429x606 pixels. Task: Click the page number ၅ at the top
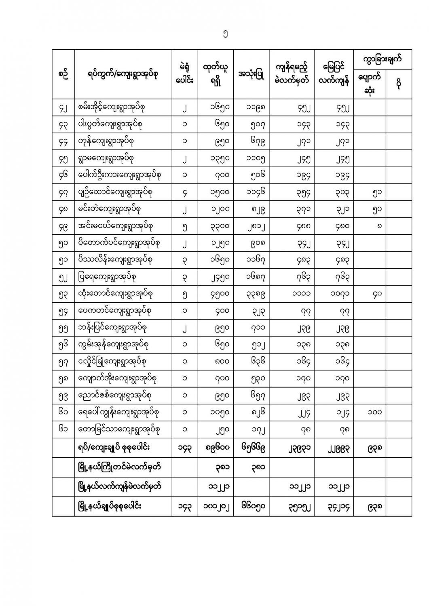click(225, 34)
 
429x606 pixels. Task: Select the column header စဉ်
click(63, 74)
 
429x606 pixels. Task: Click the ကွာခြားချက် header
click(382, 59)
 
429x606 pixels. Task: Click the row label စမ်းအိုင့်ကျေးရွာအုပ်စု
click(112, 107)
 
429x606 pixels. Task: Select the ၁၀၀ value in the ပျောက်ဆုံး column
click(369, 412)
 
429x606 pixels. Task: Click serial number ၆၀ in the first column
click(63, 412)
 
